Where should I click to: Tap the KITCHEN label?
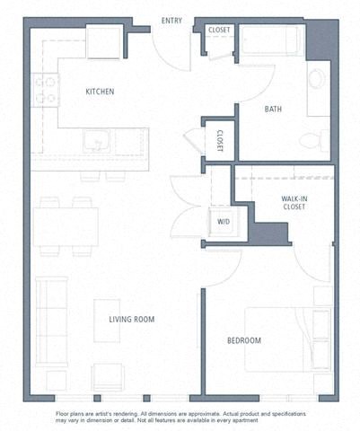point(100,92)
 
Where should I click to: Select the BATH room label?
point(274,110)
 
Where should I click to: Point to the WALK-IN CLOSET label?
point(293,201)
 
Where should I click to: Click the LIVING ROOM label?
point(134,320)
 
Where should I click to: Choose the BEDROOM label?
point(243,340)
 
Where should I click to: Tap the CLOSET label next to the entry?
point(218,31)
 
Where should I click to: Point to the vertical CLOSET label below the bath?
point(219,141)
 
